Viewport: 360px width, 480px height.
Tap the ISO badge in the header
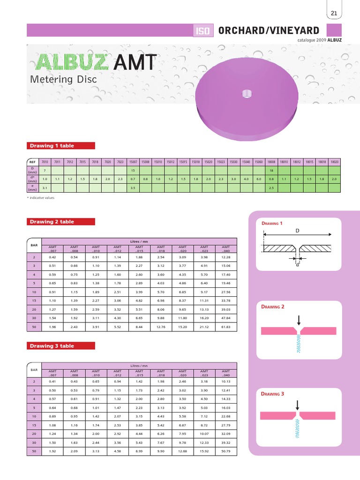204,31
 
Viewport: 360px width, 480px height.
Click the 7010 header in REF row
45,162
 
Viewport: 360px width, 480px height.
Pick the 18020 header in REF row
334,162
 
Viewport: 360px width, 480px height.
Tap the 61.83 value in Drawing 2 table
226,327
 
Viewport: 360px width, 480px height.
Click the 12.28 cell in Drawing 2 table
226,257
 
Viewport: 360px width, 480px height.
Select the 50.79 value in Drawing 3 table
226,451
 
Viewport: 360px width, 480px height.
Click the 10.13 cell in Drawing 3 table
226,382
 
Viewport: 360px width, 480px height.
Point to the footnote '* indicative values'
41,198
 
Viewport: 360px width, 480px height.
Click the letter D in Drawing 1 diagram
297,231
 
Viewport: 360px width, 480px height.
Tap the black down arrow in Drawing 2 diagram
299,320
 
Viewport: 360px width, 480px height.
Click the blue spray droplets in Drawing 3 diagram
298,428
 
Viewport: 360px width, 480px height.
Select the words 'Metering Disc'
63,79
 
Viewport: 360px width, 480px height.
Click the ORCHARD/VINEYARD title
269,30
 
